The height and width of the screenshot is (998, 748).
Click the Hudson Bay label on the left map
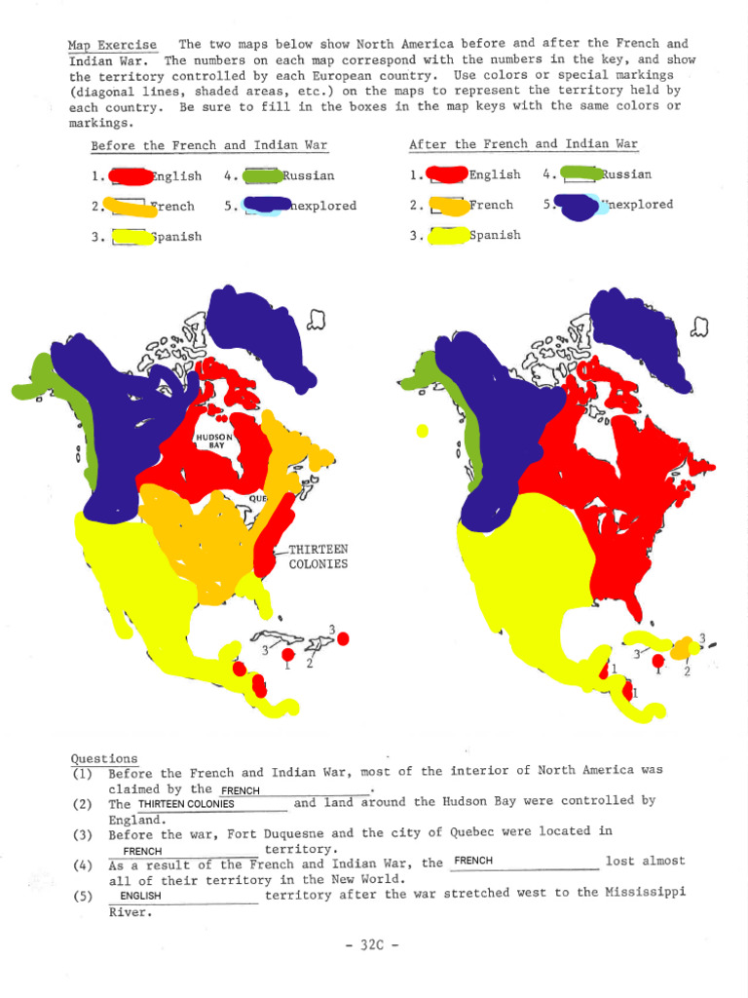coord(214,441)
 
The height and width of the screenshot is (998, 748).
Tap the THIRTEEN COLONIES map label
coord(318,557)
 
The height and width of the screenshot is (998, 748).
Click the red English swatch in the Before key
coord(130,176)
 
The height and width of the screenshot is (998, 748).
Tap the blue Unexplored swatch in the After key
coord(578,207)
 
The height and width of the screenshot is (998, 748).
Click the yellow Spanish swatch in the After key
coord(448,235)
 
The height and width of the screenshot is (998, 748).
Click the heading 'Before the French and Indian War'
coord(209,146)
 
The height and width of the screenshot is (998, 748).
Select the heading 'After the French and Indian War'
coord(523,144)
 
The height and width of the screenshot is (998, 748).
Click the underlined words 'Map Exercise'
coord(111,45)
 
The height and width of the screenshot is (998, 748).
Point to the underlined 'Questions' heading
coord(103,758)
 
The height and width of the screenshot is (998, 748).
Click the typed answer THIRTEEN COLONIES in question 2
coord(186,804)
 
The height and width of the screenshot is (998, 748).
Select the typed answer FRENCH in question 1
coord(241,789)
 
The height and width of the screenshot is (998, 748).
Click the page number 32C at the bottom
coord(374,944)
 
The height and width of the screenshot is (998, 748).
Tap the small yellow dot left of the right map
coord(422,430)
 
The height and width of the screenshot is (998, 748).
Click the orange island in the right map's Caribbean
coord(683,647)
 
